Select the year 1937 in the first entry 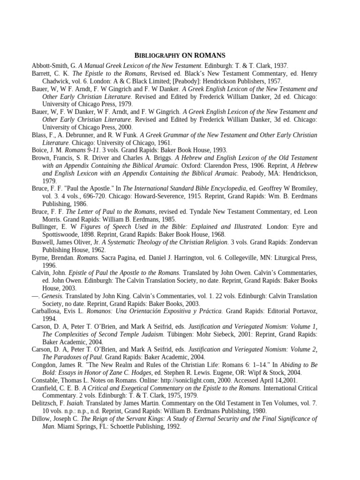(x=280, y=66)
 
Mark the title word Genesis (x=52, y=296)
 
